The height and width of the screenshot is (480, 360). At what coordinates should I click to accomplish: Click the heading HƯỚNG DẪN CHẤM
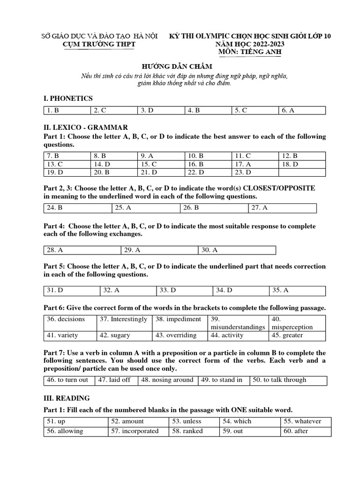pos(180,67)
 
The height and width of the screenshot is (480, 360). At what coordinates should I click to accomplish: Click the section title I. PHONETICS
pos(68,98)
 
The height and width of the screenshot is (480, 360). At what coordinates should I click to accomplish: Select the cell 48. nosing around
pos(167,380)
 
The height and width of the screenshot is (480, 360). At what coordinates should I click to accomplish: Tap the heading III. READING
pos(67,398)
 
